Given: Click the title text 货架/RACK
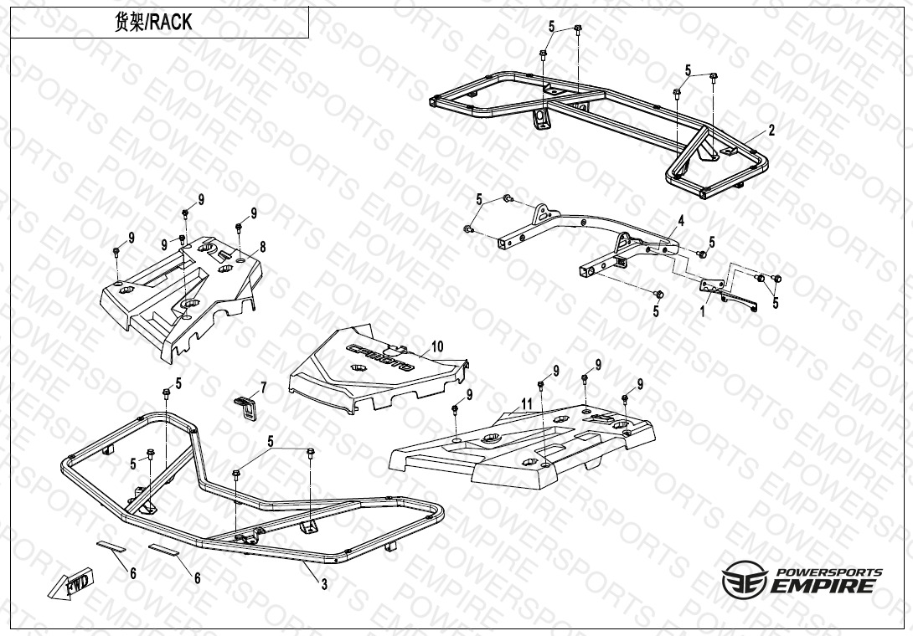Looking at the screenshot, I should (153, 23).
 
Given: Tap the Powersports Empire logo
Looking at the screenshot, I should (802, 581).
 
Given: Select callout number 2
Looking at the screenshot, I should (771, 130).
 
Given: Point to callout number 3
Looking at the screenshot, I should (324, 585).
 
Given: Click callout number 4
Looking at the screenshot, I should (681, 221).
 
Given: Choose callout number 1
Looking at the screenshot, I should (703, 311).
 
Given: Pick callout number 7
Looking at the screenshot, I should (263, 387).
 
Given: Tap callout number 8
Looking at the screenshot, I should (262, 247).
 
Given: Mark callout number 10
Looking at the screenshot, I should (436, 346).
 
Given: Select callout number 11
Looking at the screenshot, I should (526, 403).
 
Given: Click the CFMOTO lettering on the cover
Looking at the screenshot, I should (381, 356).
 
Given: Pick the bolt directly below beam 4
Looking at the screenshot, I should (658, 295).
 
